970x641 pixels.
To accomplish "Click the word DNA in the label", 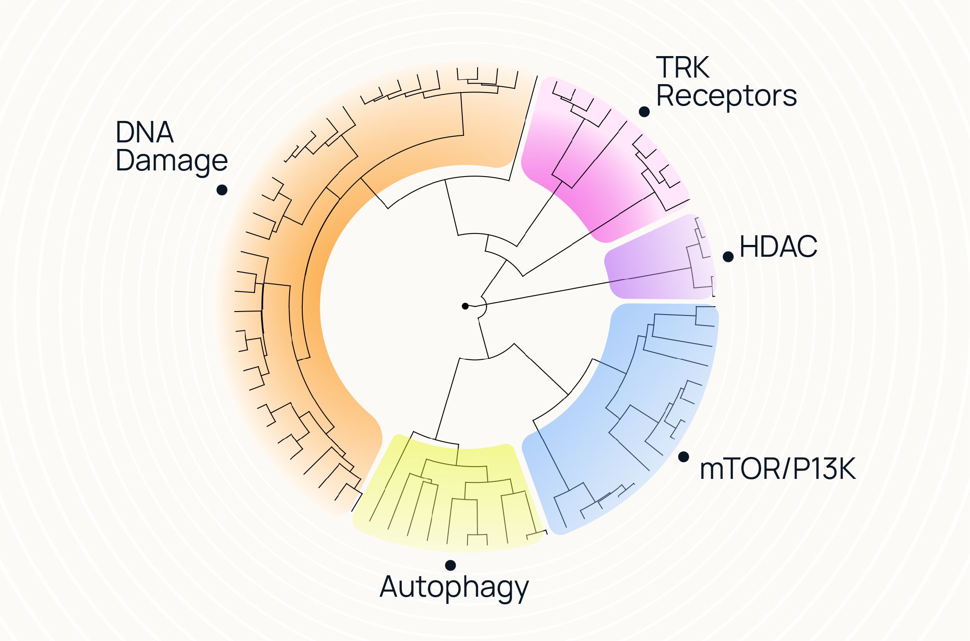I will pyautogui.click(x=145, y=132).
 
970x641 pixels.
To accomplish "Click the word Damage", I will pyautogui.click(x=171, y=161).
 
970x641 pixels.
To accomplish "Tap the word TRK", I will pyautogui.click(x=682, y=67).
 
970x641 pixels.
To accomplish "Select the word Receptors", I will pyautogui.click(x=726, y=96).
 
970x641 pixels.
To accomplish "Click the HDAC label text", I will pyautogui.click(x=778, y=247).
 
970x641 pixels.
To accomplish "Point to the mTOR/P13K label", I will pyautogui.click(x=777, y=469).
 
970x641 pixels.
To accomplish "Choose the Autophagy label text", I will pyautogui.click(x=454, y=588).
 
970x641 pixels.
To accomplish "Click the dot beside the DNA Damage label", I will pyautogui.click(x=222, y=190).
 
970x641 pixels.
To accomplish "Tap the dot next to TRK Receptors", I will pyautogui.click(x=644, y=112).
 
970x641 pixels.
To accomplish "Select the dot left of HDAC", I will pyautogui.click(x=728, y=257).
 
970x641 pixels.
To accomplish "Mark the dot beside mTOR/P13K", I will pyautogui.click(x=683, y=457).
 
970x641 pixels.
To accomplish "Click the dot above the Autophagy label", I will pyautogui.click(x=450, y=565).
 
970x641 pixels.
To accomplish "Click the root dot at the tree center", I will pyautogui.click(x=465, y=306).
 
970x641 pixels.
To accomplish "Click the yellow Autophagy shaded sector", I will pyautogui.click(x=451, y=517).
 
